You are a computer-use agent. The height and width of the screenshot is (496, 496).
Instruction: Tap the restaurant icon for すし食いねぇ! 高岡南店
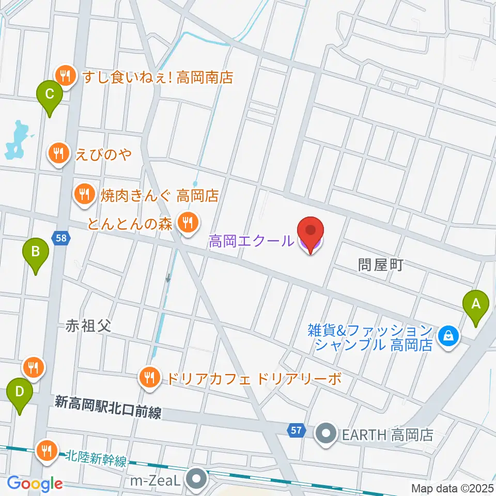pyautogui.click(x=65, y=76)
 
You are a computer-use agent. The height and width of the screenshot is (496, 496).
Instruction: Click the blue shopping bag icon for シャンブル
pyautogui.click(x=447, y=336)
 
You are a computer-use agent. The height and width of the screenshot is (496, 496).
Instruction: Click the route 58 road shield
pyautogui.click(x=60, y=238)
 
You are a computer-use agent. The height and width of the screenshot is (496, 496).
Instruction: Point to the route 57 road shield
pyautogui.click(x=296, y=429)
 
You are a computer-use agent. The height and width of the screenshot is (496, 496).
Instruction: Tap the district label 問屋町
pyautogui.click(x=380, y=265)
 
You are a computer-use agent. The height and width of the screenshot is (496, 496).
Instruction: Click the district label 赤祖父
pyautogui.click(x=88, y=327)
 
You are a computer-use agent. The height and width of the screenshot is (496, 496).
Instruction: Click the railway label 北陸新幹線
pyautogui.click(x=96, y=459)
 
